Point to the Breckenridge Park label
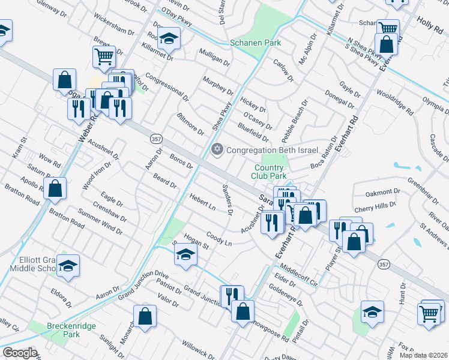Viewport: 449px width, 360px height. (63, 329)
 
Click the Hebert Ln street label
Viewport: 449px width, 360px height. (202, 202)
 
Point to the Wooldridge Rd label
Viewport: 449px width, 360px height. (395, 102)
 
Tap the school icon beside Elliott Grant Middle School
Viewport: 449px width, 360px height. (68, 265)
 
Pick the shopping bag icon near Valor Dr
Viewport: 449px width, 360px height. (145, 316)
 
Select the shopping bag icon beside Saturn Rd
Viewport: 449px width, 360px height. (55, 188)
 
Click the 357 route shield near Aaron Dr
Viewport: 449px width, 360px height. (154, 139)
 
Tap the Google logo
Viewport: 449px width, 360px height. (20, 352)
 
